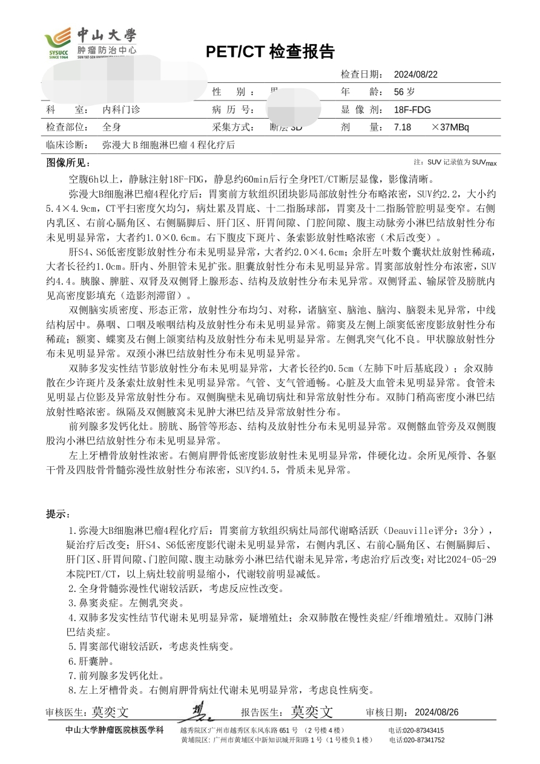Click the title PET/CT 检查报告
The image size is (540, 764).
coord(270,52)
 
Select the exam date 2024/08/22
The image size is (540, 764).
coord(415,74)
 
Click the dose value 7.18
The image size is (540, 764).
coord(402,127)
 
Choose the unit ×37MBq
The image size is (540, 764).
coord(450,127)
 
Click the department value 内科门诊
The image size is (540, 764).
coord(121,110)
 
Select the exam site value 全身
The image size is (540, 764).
coord(112,127)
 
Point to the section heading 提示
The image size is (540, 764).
coord(58,514)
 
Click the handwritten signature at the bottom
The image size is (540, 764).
coord(198,711)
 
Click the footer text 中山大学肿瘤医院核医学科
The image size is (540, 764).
coord(114,730)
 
